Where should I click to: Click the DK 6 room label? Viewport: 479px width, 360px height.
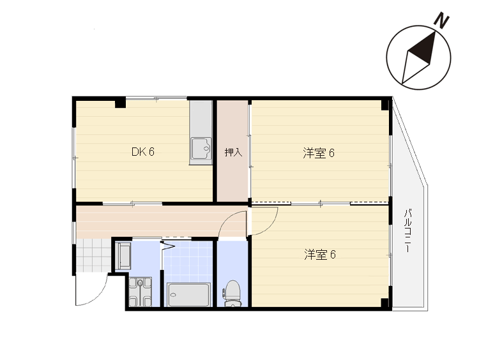[x=142, y=151]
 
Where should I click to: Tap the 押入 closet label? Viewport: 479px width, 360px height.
[x=233, y=152]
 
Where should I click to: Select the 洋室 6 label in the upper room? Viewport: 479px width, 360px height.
[x=319, y=153]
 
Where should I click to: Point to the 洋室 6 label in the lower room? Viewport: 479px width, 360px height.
[x=320, y=254]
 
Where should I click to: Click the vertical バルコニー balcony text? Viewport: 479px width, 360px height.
[x=407, y=230]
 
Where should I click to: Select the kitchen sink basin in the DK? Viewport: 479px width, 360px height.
[x=201, y=148]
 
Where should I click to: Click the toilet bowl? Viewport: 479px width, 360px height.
[x=232, y=293]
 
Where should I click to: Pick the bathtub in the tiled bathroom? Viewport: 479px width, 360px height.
[x=188, y=295]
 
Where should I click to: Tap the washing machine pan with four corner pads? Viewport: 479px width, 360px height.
[x=141, y=292]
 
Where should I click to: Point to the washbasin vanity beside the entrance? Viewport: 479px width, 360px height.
[x=123, y=256]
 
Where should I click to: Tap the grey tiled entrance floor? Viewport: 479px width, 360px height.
[x=93, y=255]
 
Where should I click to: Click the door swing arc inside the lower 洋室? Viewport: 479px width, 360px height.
[x=269, y=227]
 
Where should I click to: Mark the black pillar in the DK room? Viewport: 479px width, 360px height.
[x=120, y=102]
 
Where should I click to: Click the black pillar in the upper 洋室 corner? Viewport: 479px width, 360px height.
[x=385, y=104]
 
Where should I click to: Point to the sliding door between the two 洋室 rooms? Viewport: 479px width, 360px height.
[x=320, y=203]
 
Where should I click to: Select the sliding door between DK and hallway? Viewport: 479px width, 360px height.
[x=132, y=204]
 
